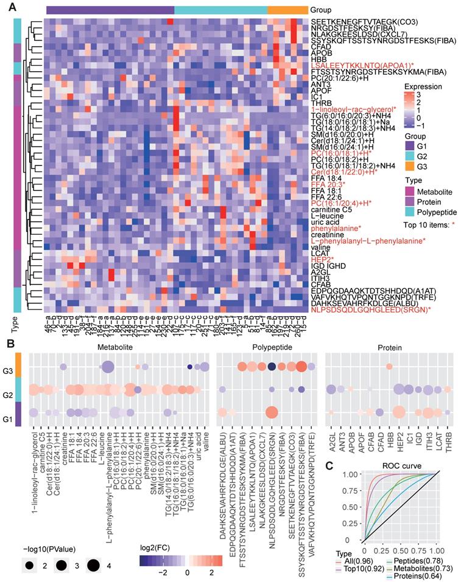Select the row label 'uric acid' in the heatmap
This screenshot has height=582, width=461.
[325, 220]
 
